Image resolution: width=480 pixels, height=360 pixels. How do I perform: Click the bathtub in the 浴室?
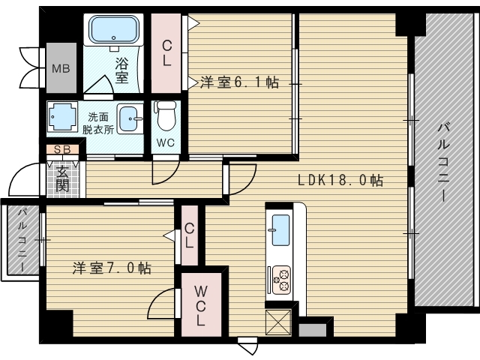(x=113, y=29)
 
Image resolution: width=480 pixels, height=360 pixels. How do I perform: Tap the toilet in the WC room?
(x=166, y=116)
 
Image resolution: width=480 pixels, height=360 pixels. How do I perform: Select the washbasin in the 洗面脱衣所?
(x=130, y=118)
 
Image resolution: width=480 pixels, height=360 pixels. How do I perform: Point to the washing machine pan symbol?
(x=62, y=117)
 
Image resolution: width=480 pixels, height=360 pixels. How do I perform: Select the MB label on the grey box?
(x=61, y=68)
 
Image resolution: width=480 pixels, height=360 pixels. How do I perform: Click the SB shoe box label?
(x=62, y=150)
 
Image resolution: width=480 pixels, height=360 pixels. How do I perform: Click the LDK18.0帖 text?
(x=340, y=180)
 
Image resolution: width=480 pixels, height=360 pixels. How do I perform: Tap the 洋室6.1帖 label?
(x=240, y=82)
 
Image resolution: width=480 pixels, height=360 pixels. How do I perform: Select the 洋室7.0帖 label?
(x=112, y=268)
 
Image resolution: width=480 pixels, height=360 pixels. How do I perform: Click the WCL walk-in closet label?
(x=200, y=305)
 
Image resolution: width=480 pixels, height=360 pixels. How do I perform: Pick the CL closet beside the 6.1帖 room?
(x=166, y=54)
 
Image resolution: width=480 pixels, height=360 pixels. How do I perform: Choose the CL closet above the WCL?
(x=190, y=235)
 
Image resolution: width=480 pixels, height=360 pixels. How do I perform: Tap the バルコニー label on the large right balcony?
(x=443, y=163)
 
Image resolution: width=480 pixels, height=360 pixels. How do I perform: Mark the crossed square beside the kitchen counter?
(x=278, y=322)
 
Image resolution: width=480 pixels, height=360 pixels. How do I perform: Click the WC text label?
(x=166, y=142)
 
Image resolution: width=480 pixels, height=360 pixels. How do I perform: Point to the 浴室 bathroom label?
(x=121, y=70)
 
